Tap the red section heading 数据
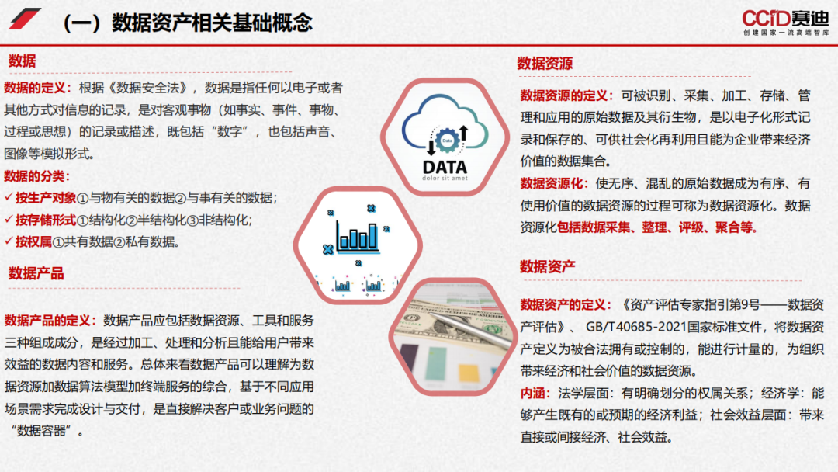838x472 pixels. click(23, 61)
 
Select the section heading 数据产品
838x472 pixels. click(36, 272)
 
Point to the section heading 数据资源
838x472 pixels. click(545, 64)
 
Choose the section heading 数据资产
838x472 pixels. click(547, 266)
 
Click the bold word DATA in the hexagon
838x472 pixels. click(445, 166)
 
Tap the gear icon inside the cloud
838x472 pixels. click(445, 140)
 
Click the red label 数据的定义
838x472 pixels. click(37, 88)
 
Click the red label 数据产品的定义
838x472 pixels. click(51, 320)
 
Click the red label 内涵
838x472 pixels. click(536, 393)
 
